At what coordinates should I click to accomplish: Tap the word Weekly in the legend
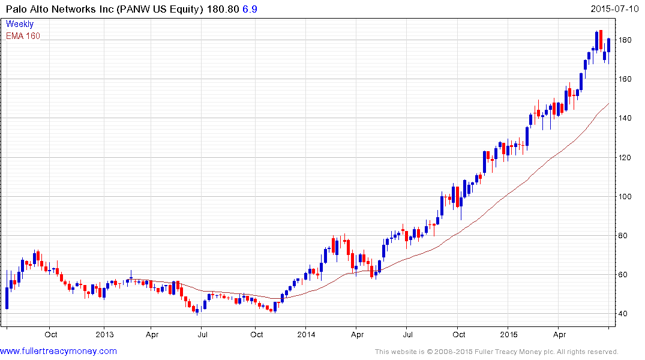[20, 25]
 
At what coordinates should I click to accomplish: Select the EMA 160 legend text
[23, 36]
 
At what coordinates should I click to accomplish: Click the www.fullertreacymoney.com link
[58, 351]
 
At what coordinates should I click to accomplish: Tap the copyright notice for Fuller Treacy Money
[496, 352]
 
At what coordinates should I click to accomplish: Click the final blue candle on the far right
[608, 46]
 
